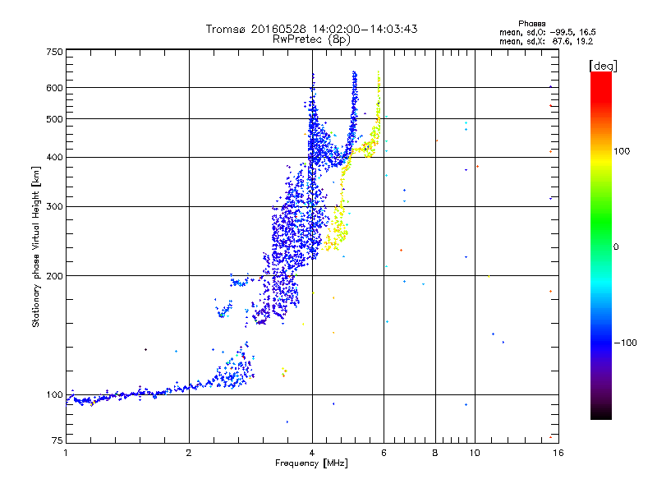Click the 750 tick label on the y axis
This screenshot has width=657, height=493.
coord(54,51)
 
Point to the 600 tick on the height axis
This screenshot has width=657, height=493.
coord(54,87)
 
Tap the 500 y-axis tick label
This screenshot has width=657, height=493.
coord(54,118)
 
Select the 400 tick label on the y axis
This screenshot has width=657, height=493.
coord(54,157)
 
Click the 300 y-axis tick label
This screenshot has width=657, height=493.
coord(54,206)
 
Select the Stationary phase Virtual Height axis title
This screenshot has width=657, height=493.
coord(36,246)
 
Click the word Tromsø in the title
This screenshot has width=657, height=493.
coord(225,29)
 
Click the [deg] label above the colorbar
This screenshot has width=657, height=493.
coord(604,65)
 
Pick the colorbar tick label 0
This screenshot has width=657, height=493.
coord(617,246)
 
